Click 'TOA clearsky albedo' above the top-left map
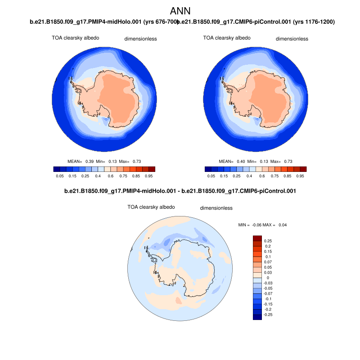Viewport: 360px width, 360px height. point(75,38)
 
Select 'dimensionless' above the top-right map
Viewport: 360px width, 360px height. point(292,39)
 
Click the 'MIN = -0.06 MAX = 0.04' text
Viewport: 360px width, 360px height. point(262,225)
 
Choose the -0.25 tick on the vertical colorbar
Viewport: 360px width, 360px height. point(269,315)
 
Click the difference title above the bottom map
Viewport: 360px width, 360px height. point(180,191)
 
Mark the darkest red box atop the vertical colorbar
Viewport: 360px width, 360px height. point(257,238)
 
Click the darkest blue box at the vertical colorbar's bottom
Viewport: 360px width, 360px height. point(257,317)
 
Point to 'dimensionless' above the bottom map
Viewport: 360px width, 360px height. point(216,208)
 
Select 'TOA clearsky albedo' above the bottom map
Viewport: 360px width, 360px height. point(151,207)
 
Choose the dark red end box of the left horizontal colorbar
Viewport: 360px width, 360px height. point(152,169)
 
